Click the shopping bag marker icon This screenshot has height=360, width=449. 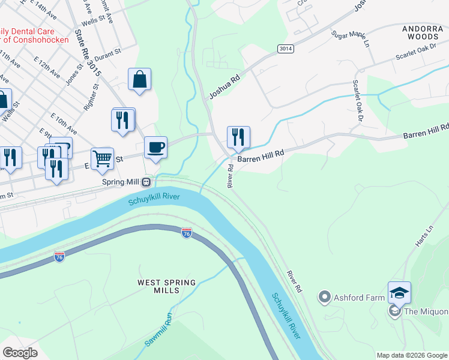pyautogui.click(x=139, y=79)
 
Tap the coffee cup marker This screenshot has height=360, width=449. pyautogui.click(x=156, y=148)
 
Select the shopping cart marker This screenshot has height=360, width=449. pyautogui.click(x=103, y=159)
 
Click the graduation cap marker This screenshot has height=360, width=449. pyautogui.click(x=399, y=293)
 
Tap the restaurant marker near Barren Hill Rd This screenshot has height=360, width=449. pyautogui.click(x=238, y=137)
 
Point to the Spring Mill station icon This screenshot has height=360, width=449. pyautogui.click(x=154, y=181)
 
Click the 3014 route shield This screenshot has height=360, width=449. pyautogui.click(x=285, y=47)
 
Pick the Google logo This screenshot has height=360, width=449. pyautogui.click(x=20, y=353)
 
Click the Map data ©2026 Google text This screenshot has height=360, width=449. pyautogui.click(x=412, y=355)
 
